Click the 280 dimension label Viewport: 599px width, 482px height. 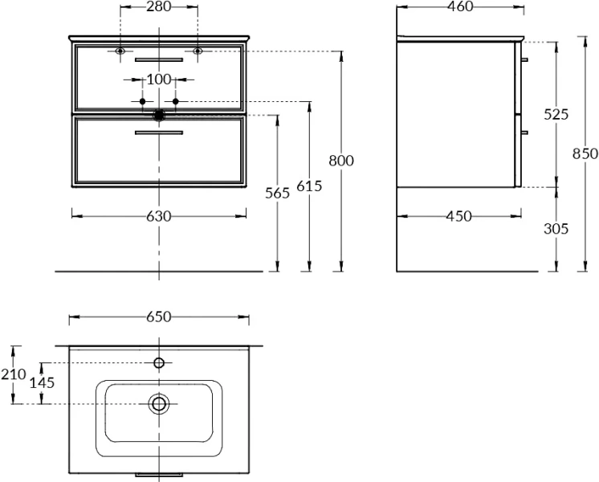pos(159,6)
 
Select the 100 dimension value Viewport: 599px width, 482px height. pos(159,80)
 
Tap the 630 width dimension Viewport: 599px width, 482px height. pos(159,216)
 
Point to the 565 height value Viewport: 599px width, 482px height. pos(277,194)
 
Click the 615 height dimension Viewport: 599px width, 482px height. pos(309,186)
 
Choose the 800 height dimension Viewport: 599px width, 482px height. pos(341,161)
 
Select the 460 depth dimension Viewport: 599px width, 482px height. pos(460,6)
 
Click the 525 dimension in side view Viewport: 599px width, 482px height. pos(556,114)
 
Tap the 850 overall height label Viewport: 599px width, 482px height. pos(585,153)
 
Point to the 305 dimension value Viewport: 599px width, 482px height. pos(556,229)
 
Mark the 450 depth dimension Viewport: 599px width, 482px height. pos(459,216)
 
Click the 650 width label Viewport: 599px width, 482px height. pos(159,317)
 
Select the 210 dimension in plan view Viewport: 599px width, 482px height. pos(14,374)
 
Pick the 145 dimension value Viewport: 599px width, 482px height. pos(43,382)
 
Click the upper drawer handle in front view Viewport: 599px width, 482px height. pos(159,59)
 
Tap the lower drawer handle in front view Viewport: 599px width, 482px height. pos(159,133)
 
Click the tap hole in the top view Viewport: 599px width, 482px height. pos(159,363)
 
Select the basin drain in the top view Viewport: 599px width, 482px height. pos(159,403)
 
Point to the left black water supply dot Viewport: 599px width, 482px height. pos(142,101)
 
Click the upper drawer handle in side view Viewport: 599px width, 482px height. pos(524,59)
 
